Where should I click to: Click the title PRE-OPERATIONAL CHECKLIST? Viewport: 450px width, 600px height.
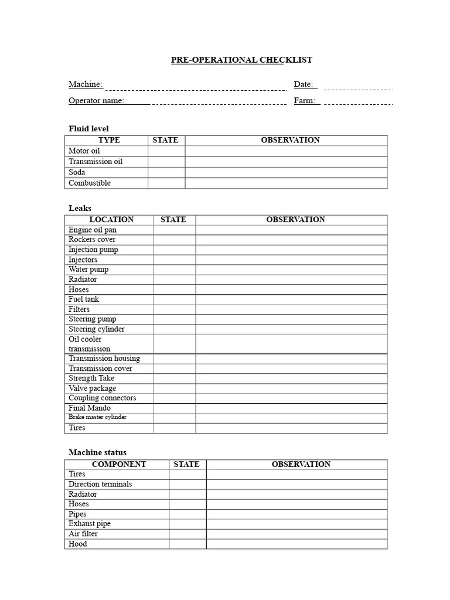[x=241, y=60]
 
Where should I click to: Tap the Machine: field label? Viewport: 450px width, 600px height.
[x=86, y=84]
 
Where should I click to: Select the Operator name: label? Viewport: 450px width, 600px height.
[x=97, y=101]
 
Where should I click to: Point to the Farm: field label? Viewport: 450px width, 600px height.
[x=305, y=101]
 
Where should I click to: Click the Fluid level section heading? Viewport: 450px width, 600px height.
[x=88, y=128]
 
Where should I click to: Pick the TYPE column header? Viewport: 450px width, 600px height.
[x=109, y=140]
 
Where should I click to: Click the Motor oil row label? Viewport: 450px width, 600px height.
[x=84, y=151]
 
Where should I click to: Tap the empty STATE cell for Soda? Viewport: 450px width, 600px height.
[x=166, y=172]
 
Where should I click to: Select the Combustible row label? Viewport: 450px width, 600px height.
[x=90, y=183]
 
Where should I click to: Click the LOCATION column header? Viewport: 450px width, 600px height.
[x=111, y=220]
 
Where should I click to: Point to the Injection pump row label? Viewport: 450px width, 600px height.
[x=93, y=250]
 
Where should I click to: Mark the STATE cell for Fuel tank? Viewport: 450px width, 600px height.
[x=174, y=299]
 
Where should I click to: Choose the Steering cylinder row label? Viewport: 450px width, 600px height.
[x=96, y=329]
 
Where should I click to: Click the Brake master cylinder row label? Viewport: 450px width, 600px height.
[x=97, y=417]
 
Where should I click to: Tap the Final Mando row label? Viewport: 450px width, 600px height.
[x=89, y=408]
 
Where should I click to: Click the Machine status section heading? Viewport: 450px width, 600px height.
[x=97, y=452]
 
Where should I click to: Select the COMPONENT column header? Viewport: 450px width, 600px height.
[x=119, y=464]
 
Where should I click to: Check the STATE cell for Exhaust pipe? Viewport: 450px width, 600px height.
[x=187, y=524]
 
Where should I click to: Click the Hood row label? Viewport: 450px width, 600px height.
[x=78, y=544]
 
